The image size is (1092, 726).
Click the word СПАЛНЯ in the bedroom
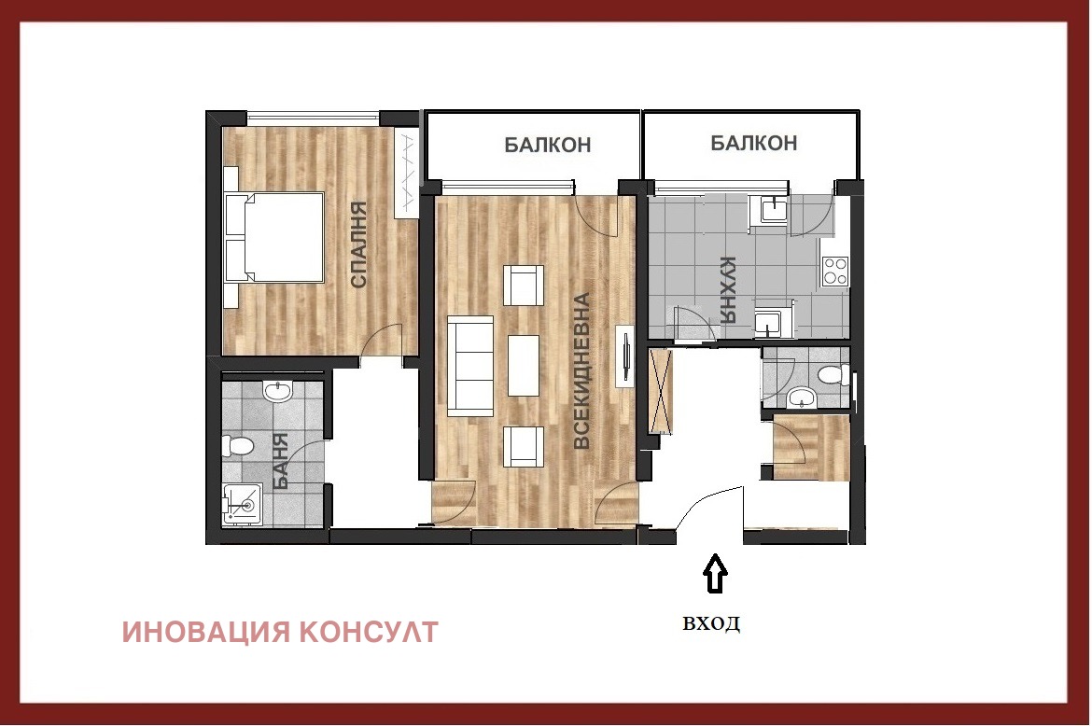(358, 246)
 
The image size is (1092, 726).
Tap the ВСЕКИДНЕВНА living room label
(582, 371)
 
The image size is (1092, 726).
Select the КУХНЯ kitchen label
(730, 290)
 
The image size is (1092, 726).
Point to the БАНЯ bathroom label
(280, 463)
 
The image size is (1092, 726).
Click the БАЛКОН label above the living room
(548, 145)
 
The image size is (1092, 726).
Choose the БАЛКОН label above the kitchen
(753, 143)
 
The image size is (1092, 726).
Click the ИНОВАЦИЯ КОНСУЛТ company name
(280, 632)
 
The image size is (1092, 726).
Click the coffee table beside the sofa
(524, 365)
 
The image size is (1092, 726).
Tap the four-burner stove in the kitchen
(835, 271)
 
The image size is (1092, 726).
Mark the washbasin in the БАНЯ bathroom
(278, 392)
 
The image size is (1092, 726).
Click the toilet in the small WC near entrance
(831, 375)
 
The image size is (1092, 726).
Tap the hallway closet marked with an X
(661, 391)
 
